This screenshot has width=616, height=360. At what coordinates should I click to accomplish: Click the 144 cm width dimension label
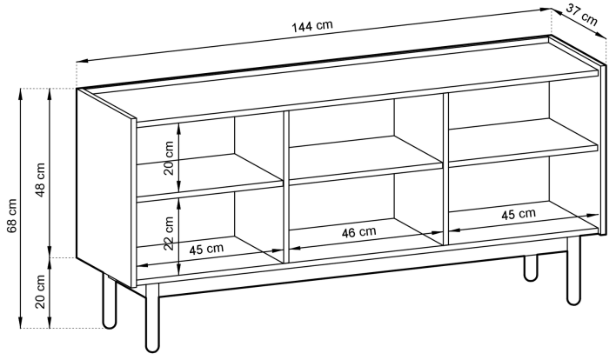pos(312,26)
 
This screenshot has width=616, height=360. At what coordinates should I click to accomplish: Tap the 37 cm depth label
pos(582,15)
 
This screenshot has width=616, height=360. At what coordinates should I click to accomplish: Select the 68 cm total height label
pos(12,216)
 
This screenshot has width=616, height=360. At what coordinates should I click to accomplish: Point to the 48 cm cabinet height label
pos(41,179)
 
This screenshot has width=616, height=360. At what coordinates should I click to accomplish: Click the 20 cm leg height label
pos(41,292)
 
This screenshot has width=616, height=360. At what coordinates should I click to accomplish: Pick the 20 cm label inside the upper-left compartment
pos(169,157)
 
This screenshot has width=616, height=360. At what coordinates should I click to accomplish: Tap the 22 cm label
pos(169,233)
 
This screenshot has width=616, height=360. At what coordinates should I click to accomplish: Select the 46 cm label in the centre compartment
pos(358,232)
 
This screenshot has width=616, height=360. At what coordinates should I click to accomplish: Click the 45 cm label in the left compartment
pos(206,249)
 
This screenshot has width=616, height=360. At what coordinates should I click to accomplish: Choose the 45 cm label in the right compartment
pos(519,214)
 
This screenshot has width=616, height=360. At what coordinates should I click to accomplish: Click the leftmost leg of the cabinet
pos(110,301)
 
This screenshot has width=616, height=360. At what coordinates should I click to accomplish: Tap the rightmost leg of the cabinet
pos(573,271)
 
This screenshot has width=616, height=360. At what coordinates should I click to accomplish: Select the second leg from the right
pos(531,269)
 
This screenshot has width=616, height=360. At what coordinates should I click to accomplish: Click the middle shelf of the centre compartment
pos(365,160)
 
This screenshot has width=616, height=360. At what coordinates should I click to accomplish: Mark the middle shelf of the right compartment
pos(523,142)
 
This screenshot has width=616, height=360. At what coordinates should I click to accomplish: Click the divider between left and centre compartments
pos(286,187)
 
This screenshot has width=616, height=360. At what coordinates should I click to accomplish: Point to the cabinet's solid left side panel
pos(106,188)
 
